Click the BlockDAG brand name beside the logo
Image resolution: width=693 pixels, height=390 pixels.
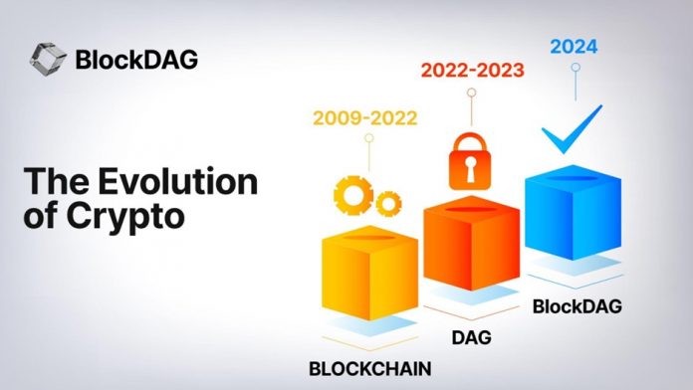[136, 59]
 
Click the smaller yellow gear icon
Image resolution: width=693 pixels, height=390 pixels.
[386, 201]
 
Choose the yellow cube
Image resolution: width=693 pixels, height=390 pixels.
[361, 272]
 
